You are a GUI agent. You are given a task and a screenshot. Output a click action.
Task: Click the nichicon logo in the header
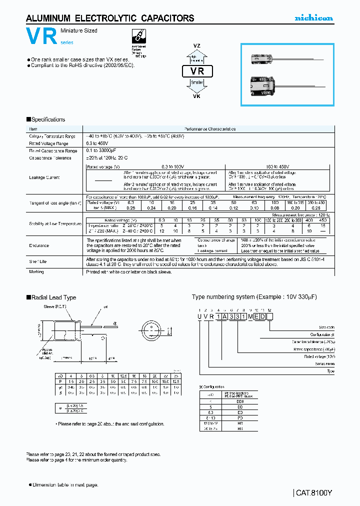pos(313,18)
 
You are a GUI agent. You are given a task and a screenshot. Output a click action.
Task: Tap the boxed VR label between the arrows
pos(197,71)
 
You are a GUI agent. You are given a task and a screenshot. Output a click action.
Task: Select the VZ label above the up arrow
pos(196,45)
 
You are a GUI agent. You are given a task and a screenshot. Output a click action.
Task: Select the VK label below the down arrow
pos(196,96)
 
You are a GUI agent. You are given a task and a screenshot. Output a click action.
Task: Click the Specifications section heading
pos(45,119)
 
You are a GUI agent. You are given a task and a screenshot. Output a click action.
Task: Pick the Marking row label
pos(36,272)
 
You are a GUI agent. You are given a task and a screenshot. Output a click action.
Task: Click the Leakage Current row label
pos(44,177)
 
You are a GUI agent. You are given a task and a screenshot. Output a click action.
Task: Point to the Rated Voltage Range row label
pos(48,143)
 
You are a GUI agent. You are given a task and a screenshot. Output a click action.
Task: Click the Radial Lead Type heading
pos(51,297)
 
